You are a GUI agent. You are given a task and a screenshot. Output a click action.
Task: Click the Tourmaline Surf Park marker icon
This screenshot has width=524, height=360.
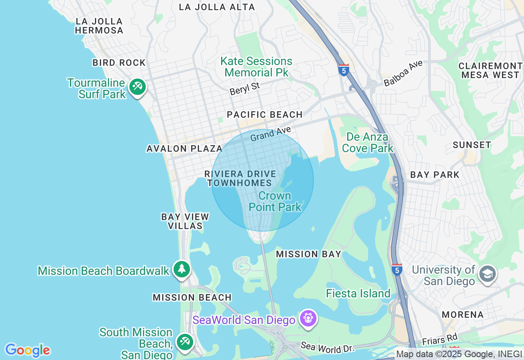(x=138, y=87)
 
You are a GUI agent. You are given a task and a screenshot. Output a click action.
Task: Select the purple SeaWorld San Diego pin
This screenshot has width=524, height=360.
(x=308, y=318)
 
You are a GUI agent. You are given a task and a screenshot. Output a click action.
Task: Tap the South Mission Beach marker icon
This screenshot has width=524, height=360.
(x=184, y=342)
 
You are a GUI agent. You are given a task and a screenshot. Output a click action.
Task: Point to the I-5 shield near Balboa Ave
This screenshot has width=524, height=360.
(x=343, y=70)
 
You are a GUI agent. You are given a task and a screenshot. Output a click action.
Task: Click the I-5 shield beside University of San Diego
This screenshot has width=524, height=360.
(x=397, y=269)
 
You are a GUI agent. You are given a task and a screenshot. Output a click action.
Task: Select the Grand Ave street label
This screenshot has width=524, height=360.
(x=270, y=134)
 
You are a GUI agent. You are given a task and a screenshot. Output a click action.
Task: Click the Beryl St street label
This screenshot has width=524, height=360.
(x=245, y=88)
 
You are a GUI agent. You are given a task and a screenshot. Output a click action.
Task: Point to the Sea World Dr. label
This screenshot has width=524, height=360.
(x=327, y=347)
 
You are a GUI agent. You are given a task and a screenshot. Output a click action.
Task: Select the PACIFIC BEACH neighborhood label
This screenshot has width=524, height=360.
(x=265, y=115)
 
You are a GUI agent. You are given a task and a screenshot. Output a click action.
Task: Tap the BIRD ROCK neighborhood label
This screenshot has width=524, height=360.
(x=119, y=63)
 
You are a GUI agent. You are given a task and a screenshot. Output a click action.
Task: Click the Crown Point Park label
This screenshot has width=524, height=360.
(x=275, y=201)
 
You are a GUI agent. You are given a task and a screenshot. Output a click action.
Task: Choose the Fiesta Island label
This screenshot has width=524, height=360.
(x=358, y=293)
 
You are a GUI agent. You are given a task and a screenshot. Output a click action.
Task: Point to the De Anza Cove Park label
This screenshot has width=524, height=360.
(x=368, y=142)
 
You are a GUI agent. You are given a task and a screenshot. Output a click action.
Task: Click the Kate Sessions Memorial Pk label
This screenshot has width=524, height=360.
(x=256, y=67)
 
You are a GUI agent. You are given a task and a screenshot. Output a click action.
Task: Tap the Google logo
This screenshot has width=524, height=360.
(x=27, y=350)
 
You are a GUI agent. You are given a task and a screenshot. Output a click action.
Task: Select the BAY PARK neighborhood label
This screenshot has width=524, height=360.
(x=435, y=175)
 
